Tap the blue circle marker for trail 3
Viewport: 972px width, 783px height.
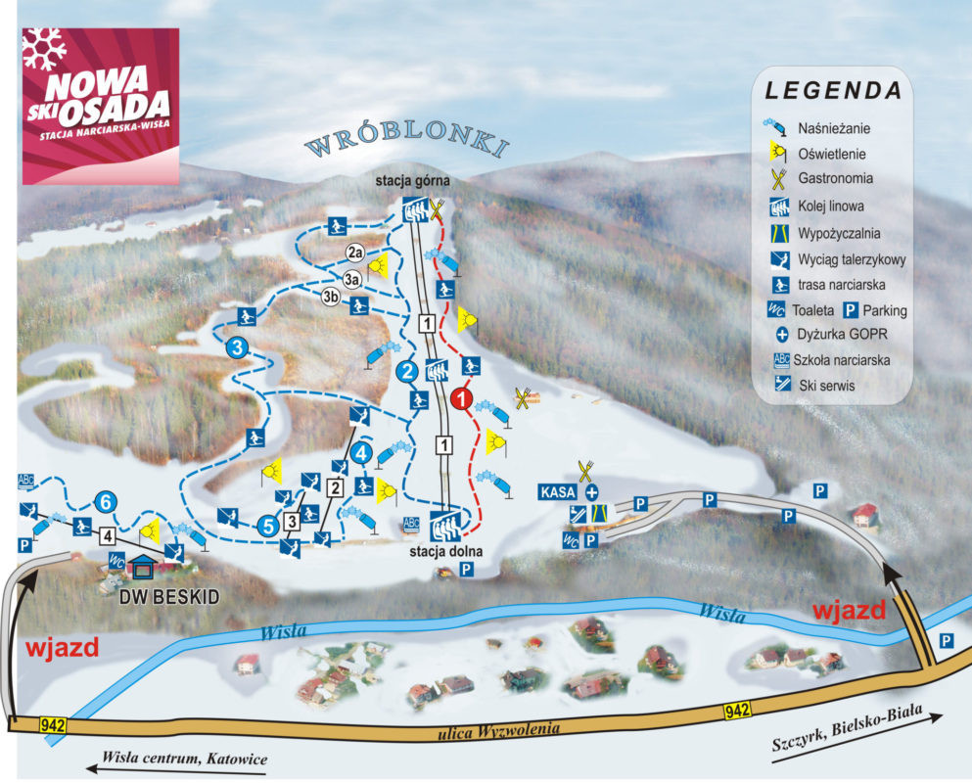(x=236, y=346)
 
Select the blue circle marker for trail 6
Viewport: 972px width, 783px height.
(x=108, y=502)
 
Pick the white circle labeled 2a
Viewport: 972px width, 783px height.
(x=353, y=253)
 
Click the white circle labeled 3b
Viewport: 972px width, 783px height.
(x=333, y=299)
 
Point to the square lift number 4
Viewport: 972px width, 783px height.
(x=108, y=535)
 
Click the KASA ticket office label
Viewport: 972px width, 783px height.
(x=555, y=491)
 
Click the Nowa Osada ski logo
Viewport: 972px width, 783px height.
(x=100, y=106)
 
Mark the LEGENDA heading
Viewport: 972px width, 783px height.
(x=833, y=91)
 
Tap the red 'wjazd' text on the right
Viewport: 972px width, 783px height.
(x=849, y=611)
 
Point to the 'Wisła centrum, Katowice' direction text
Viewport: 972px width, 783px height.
(x=184, y=759)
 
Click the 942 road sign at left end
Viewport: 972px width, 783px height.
(x=54, y=725)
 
